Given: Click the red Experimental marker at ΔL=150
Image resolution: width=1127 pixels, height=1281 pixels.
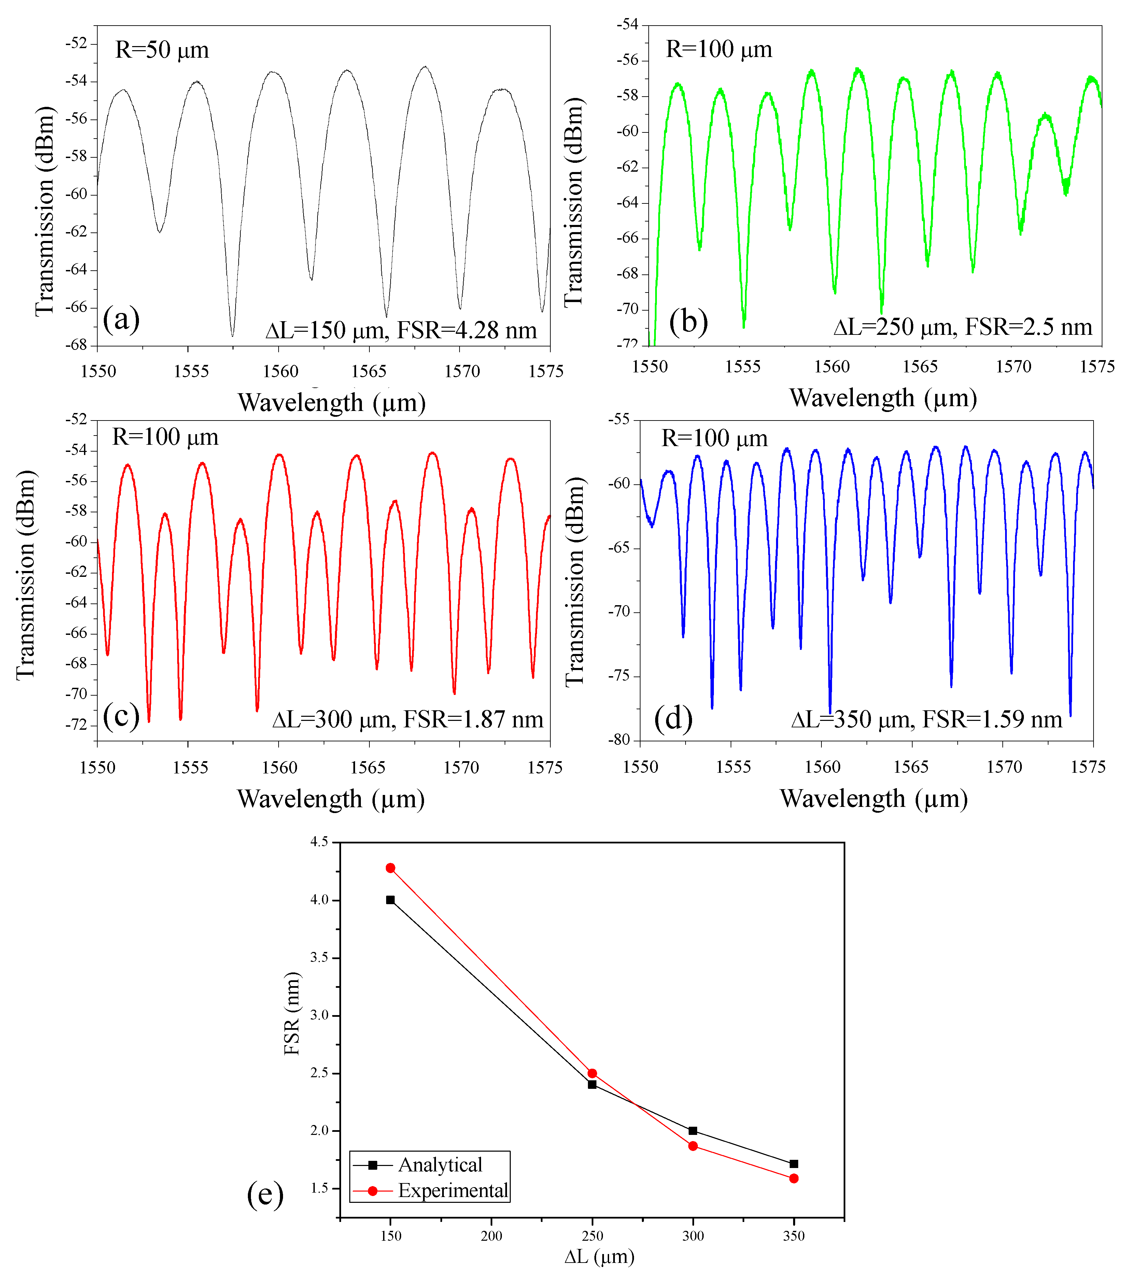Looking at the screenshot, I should (391, 868).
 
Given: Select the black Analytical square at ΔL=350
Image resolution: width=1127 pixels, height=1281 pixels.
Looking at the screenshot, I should (793, 1164).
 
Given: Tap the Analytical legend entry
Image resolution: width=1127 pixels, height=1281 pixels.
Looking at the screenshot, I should (440, 1165).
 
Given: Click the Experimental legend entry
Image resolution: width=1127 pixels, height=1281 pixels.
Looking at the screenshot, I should (453, 1191).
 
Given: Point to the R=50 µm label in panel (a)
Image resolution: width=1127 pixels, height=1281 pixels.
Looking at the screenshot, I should (162, 49).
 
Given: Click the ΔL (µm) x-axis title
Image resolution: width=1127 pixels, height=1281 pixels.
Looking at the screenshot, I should (599, 1256).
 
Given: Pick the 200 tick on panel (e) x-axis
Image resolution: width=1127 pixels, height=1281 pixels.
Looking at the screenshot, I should (491, 1236).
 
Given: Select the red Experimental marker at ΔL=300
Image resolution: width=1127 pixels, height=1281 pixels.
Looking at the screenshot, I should (693, 1145).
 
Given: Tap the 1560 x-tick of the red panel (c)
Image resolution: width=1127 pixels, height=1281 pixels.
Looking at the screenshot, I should (279, 768).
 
